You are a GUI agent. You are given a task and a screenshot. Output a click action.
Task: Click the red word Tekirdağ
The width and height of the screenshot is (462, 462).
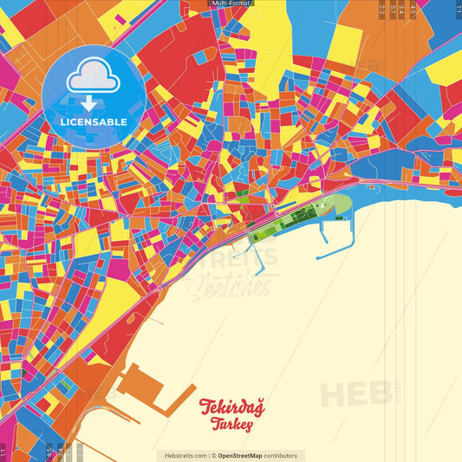point(231,407)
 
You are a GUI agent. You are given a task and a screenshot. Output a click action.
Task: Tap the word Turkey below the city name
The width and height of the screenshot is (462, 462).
point(231,425)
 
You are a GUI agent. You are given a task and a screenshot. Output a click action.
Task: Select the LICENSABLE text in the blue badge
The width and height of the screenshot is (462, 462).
point(93,122)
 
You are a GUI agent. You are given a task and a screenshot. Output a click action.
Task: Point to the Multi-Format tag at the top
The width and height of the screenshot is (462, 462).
point(231,4)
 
